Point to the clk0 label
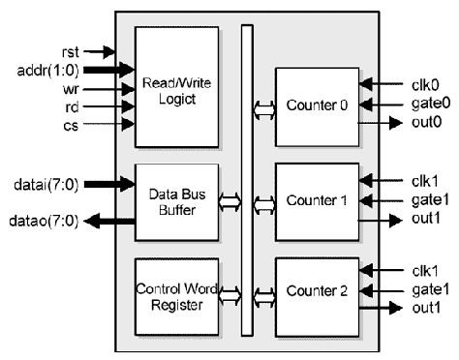(x=417, y=85)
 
